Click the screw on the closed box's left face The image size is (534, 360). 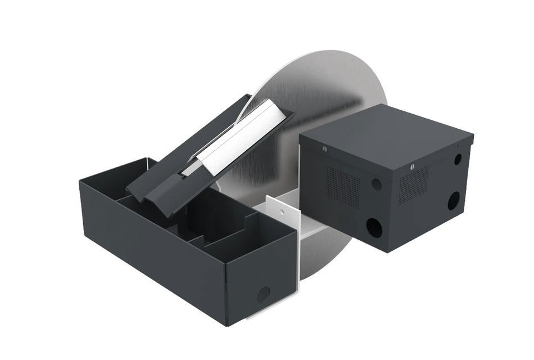[x=325, y=149]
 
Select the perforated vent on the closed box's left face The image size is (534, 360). [x=343, y=186]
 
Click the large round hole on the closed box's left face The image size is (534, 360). [x=374, y=227]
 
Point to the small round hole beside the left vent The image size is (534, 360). [x=376, y=184]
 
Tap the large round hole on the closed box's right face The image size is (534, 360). [x=453, y=200]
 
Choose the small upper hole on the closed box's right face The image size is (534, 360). [x=458, y=159]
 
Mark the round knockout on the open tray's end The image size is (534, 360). [x=263, y=294]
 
